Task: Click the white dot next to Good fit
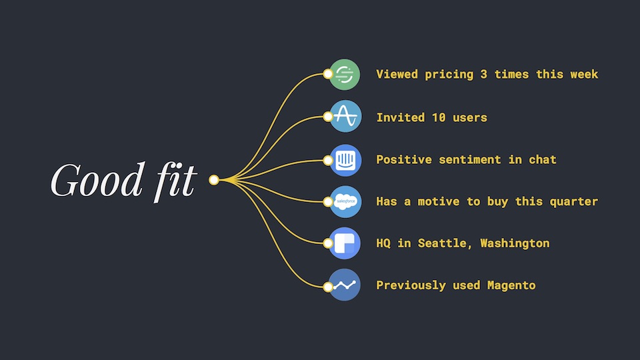pyautogui.click(x=214, y=180)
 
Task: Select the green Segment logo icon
pyautogui.click(x=345, y=74)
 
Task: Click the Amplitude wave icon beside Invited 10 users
pyautogui.click(x=345, y=117)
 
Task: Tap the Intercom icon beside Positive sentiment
pyautogui.click(x=345, y=159)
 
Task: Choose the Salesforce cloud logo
pyautogui.click(x=345, y=201)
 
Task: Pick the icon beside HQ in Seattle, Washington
pyautogui.click(x=345, y=243)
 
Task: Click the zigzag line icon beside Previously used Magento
pyautogui.click(x=345, y=285)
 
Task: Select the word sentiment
pyautogui.click(x=459, y=159)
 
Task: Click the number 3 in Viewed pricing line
pyautogui.click(x=483, y=74)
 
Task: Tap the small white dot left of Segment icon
pyautogui.click(x=327, y=74)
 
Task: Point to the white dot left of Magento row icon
pyautogui.click(x=327, y=287)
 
